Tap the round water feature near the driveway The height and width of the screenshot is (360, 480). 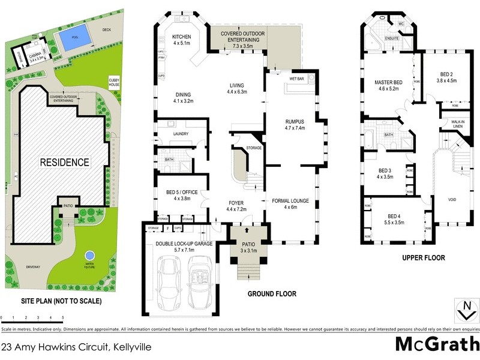(x=90, y=254)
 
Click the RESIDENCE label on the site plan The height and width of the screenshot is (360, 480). (x=65, y=162)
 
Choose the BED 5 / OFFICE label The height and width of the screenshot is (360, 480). (x=182, y=193)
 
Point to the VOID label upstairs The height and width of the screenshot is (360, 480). (x=454, y=200)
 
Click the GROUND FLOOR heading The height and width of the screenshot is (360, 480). (x=272, y=295)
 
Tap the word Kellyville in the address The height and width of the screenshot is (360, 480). (x=130, y=347)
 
